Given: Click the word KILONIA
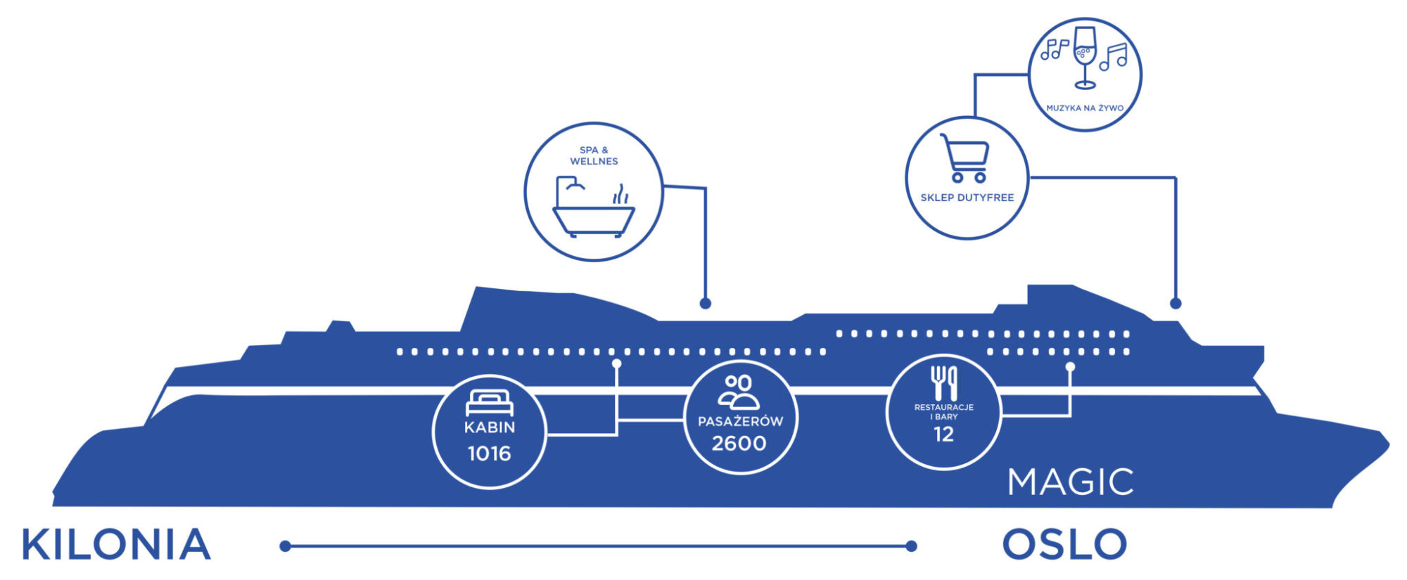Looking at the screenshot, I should (116, 545).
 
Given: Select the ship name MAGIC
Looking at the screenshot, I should (1070, 482).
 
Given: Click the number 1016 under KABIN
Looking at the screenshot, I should (489, 453).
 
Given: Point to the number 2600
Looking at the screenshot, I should (739, 444).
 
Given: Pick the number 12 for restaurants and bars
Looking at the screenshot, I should (943, 434).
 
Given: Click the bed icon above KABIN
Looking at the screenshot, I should (490, 403).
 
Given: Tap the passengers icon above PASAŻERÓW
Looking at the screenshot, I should (739, 392).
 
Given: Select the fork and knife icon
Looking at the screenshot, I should (943, 382).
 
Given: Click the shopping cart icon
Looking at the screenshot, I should (965, 158).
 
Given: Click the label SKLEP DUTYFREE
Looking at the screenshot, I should (967, 198).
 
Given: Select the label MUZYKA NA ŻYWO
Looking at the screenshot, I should (1085, 108).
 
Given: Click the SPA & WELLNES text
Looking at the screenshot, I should (594, 155).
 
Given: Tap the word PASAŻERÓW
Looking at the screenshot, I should (740, 422).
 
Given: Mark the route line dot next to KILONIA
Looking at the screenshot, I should (285, 546).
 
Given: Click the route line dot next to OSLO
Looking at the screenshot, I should (912, 546).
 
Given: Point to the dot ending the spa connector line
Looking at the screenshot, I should (705, 304).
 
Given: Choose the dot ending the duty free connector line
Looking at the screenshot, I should (1175, 304).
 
